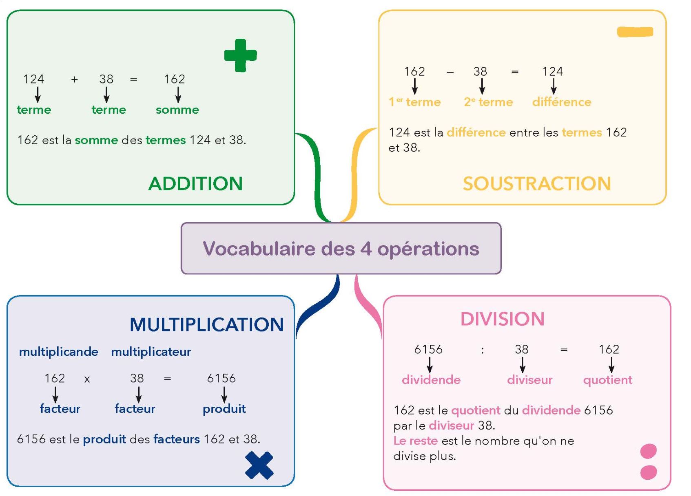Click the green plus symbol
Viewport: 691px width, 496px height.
[x=240, y=55]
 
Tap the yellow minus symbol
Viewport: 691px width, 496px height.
[x=635, y=32]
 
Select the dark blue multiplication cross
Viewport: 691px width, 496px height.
[x=259, y=465]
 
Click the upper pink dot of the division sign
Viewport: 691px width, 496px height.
[x=648, y=451]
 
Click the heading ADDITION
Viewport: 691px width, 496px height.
[x=195, y=184]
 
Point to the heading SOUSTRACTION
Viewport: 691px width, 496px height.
[x=536, y=184]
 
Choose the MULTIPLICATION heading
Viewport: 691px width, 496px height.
[x=206, y=325]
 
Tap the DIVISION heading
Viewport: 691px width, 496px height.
[x=502, y=319]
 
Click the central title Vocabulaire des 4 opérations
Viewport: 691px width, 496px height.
[x=341, y=249]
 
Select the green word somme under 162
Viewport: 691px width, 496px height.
[x=177, y=110]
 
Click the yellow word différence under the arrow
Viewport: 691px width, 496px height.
[x=561, y=102]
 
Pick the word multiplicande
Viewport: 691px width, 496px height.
[x=59, y=352]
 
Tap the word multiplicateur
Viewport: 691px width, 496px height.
[x=151, y=352]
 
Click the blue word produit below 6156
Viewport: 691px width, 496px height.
[x=224, y=409]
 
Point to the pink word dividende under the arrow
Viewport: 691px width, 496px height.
[x=431, y=380]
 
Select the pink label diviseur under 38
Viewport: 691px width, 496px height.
[x=529, y=380]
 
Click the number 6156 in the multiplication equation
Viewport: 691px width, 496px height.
[x=221, y=378]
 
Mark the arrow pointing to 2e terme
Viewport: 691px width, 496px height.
[x=482, y=86]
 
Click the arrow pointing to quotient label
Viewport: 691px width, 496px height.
[x=611, y=364]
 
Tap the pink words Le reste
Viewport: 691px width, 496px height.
[x=415, y=441]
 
